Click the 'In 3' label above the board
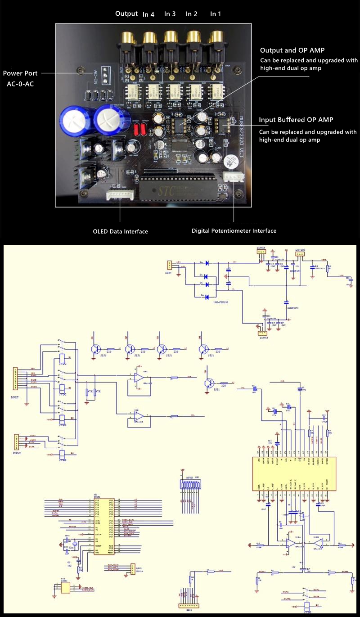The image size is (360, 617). (170, 14)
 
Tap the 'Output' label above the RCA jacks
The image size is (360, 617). (126, 14)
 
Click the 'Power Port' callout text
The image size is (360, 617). (20, 73)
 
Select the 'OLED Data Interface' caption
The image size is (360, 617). (120, 231)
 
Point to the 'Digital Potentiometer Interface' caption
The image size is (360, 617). (234, 230)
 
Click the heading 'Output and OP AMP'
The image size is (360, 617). (292, 50)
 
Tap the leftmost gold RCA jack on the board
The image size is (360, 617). (126, 39)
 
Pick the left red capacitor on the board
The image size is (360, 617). (137, 130)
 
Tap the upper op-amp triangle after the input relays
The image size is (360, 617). (139, 377)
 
